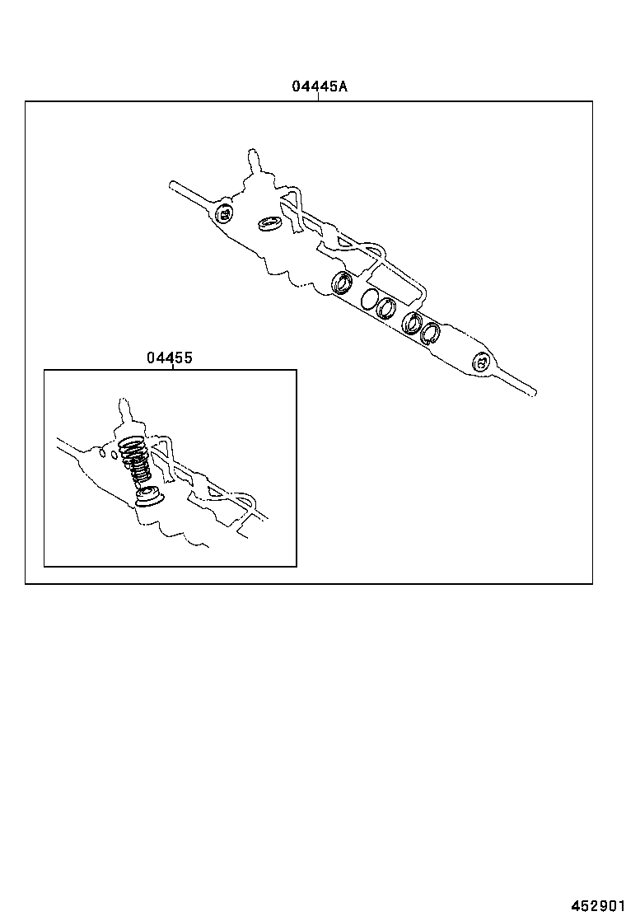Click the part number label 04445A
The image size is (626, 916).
point(318,86)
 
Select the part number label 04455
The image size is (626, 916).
point(170,358)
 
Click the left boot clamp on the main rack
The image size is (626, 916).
point(224,215)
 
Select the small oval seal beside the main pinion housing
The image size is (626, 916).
point(268,223)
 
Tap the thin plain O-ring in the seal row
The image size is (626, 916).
point(369,298)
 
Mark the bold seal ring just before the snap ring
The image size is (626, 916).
point(412,323)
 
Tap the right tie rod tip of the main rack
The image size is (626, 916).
point(534,392)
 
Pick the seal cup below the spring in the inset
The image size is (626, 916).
point(149,496)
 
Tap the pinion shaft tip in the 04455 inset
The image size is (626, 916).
point(124,404)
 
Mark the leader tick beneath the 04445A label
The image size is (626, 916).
point(318,96)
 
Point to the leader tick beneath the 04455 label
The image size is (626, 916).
point(172,367)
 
